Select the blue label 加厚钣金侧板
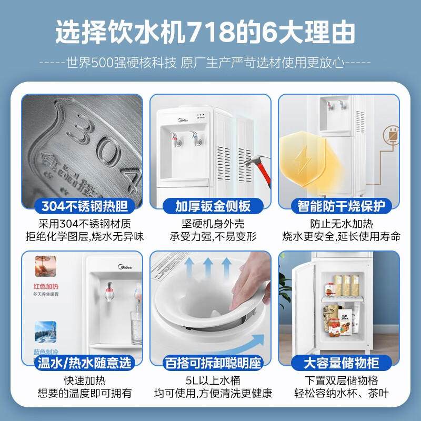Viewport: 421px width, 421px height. click(x=210, y=206)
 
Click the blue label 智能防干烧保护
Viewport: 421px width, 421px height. click(x=339, y=206)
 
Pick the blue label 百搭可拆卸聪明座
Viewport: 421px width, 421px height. click(x=210, y=363)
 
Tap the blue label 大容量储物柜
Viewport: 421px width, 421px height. click(x=339, y=363)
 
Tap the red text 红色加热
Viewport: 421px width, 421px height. click(x=45, y=287)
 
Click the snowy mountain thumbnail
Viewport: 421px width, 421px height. click(x=45, y=333)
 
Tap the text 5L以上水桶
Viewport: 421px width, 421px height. click(x=210, y=381)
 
